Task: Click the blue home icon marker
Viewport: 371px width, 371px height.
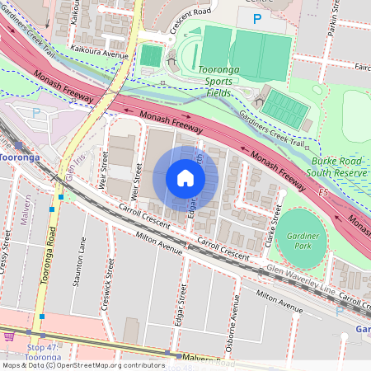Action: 185,178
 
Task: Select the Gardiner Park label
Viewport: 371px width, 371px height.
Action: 303,239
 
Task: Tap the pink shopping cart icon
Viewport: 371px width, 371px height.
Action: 9,336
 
